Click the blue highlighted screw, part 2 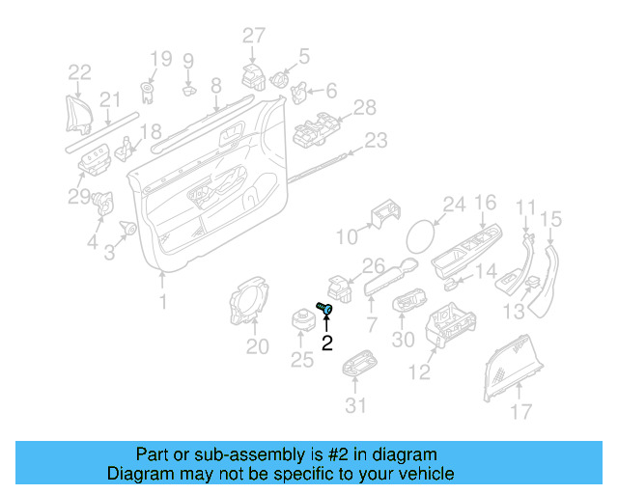325,308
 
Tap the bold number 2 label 327,342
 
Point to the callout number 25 302,361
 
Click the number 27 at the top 253,36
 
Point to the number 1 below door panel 162,303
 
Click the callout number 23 375,141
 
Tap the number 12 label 420,372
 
